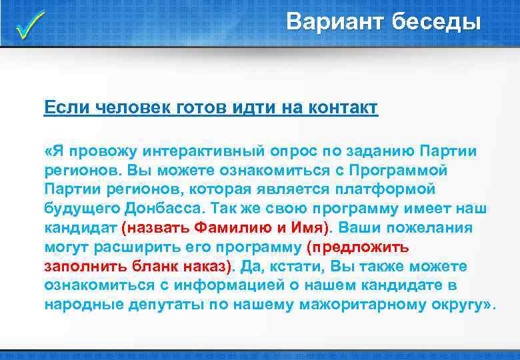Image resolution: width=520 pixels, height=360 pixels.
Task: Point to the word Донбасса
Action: pyautogui.click(x=175, y=208)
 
